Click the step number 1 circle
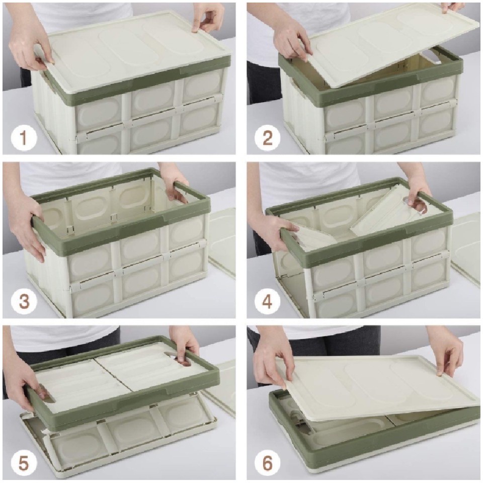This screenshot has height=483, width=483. [x=24, y=138]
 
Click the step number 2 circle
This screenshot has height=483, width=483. [x=268, y=138]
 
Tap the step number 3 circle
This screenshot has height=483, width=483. [x=24, y=301]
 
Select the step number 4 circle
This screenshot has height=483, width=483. [x=268, y=301]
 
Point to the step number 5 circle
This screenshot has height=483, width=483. [x=24, y=463]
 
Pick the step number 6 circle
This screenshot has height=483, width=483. [x=268, y=463]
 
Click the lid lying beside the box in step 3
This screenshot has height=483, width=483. [x=222, y=244]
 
